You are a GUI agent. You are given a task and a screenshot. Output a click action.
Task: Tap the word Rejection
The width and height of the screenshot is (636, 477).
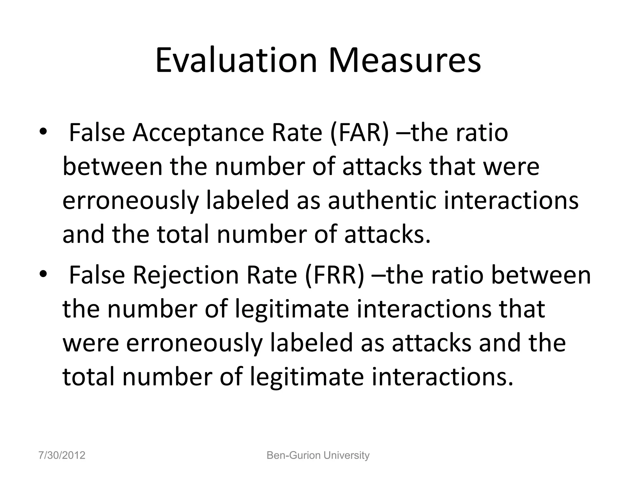point(185,275)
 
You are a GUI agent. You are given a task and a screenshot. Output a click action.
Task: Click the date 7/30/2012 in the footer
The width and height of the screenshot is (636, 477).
point(62,456)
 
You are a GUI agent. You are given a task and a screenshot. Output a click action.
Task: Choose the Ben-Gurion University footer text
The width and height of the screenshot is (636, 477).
point(318,456)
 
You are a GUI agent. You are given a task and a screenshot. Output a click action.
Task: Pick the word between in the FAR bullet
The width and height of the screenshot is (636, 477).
point(113,167)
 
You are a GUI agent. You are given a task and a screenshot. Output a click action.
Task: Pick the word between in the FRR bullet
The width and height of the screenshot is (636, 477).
point(541,275)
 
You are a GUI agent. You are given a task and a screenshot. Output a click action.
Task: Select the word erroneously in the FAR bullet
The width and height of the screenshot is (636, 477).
point(130,200)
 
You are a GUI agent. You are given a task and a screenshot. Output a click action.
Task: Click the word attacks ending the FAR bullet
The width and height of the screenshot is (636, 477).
point(388,234)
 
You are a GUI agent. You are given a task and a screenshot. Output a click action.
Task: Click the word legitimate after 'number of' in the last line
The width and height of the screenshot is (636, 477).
point(307,377)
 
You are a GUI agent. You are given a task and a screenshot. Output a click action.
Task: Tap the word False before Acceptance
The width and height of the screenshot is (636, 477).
point(97,133)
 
